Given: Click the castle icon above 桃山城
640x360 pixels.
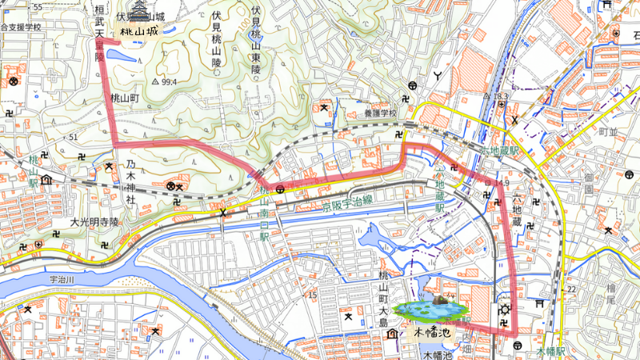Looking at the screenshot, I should coord(140,10).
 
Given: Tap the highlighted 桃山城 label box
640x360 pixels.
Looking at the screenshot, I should coord(139,31).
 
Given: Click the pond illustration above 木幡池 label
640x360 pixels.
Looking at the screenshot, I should coord(433,308).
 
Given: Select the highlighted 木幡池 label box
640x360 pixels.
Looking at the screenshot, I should coord(432,329).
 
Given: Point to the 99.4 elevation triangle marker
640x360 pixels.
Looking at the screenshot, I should coord(155,82).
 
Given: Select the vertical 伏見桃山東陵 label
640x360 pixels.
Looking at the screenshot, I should coord(255,40).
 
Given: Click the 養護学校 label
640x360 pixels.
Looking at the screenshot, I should coord(378,114).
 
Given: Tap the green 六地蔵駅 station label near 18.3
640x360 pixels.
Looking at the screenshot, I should coord(500,150).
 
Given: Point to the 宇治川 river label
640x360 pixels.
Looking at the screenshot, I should coord(62,280).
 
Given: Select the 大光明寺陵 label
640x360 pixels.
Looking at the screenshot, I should coord(94,222).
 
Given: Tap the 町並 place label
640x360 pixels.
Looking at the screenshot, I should coord(609,130).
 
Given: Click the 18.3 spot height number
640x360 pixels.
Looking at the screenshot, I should coord(501,96).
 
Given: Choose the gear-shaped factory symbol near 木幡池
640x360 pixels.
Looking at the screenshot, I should coord(504,310).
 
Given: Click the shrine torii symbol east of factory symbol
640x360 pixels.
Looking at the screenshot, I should coord(539,303).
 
